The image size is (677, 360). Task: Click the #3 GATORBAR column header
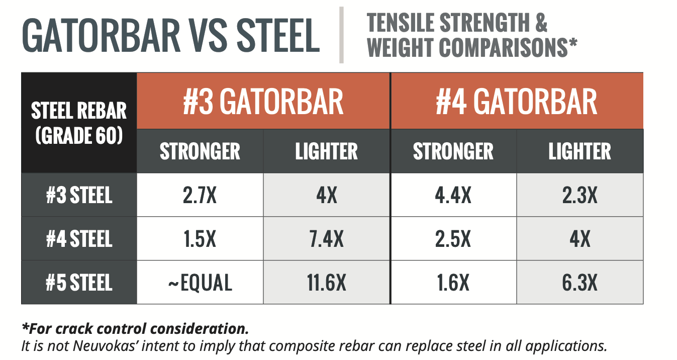coord(263,101)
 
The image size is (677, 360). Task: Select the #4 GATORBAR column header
coord(517,101)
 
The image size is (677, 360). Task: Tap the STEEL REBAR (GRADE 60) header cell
coord(79,123)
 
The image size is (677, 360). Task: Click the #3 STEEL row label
coord(79,195)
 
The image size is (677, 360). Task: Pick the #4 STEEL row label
coord(79,239)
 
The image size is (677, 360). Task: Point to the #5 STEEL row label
coord(79,283)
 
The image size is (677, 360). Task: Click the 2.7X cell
coord(200,195)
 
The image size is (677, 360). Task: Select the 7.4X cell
coord(327,239)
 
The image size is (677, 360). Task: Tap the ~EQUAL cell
coord(200,283)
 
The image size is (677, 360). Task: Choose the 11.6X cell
coord(327,283)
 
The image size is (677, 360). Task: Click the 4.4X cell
coord(453,195)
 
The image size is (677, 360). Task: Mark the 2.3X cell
coord(580,195)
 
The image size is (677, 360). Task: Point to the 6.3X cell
coord(580,283)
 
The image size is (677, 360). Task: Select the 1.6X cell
coord(453,283)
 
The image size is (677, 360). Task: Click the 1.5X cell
coord(200,239)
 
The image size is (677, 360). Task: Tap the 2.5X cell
coord(453,239)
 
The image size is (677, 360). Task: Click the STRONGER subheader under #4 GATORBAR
coord(453,151)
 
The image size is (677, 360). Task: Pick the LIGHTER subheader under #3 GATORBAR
coord(327,151)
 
